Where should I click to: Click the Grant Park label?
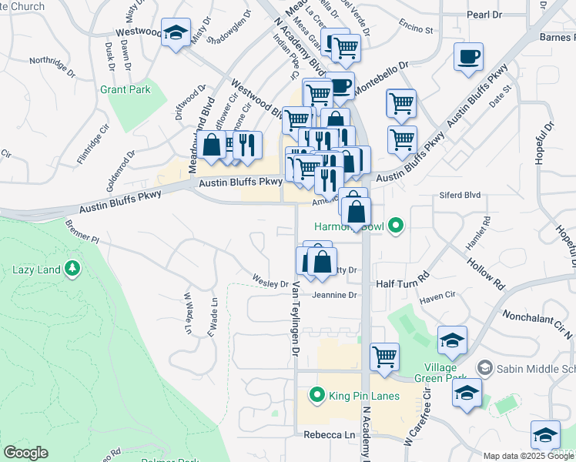click(125, 89)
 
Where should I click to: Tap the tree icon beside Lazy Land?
click(72, 268)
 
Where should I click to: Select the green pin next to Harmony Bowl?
click(396, 226)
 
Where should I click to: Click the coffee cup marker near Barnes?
click(468, 57)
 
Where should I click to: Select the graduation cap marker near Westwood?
click(176, 33)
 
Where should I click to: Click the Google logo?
click(25, 453)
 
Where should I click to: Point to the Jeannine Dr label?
click(336, 295)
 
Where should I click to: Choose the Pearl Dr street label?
click(484, 15)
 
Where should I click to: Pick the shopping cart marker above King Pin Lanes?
click(384, 356)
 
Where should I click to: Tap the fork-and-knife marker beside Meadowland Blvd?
click(247, 144)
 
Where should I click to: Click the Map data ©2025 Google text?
click(528, 456)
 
